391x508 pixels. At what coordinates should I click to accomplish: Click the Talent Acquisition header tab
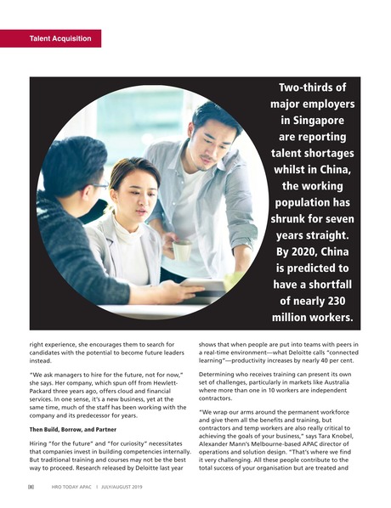pyautogui.click(x=50, y=38)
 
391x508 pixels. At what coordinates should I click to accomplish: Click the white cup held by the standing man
pyautogui.click(x=181, y=250)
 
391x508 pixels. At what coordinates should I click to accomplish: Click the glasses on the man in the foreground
pyautogui.click(x=99, y=185)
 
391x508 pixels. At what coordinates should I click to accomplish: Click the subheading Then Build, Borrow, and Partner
pyautogui.click(x=73, y=429)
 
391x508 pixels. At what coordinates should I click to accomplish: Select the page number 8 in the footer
pyautogui.click(x=29, y=487)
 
